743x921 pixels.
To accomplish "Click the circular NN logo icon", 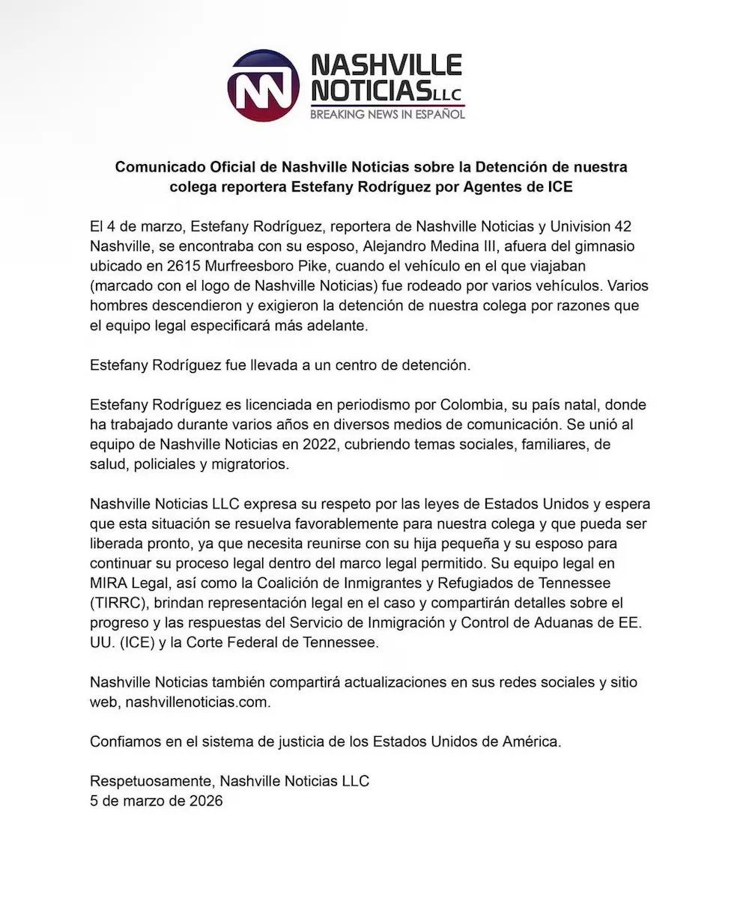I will tap(264, 85).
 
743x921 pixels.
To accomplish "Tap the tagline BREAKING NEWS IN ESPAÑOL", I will tap(387, 115).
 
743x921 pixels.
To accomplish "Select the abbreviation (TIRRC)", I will tap(118, 603).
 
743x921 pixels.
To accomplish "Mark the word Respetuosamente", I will tap(150, 781).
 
